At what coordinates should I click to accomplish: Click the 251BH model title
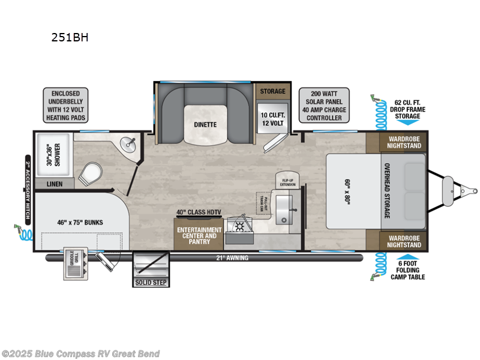(71, 37)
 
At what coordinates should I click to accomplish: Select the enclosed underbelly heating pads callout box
(65, 106)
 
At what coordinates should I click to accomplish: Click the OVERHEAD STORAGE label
(387, 191)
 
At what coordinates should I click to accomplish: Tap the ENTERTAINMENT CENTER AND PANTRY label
(198, 235)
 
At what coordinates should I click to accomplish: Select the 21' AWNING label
(233, 258)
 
